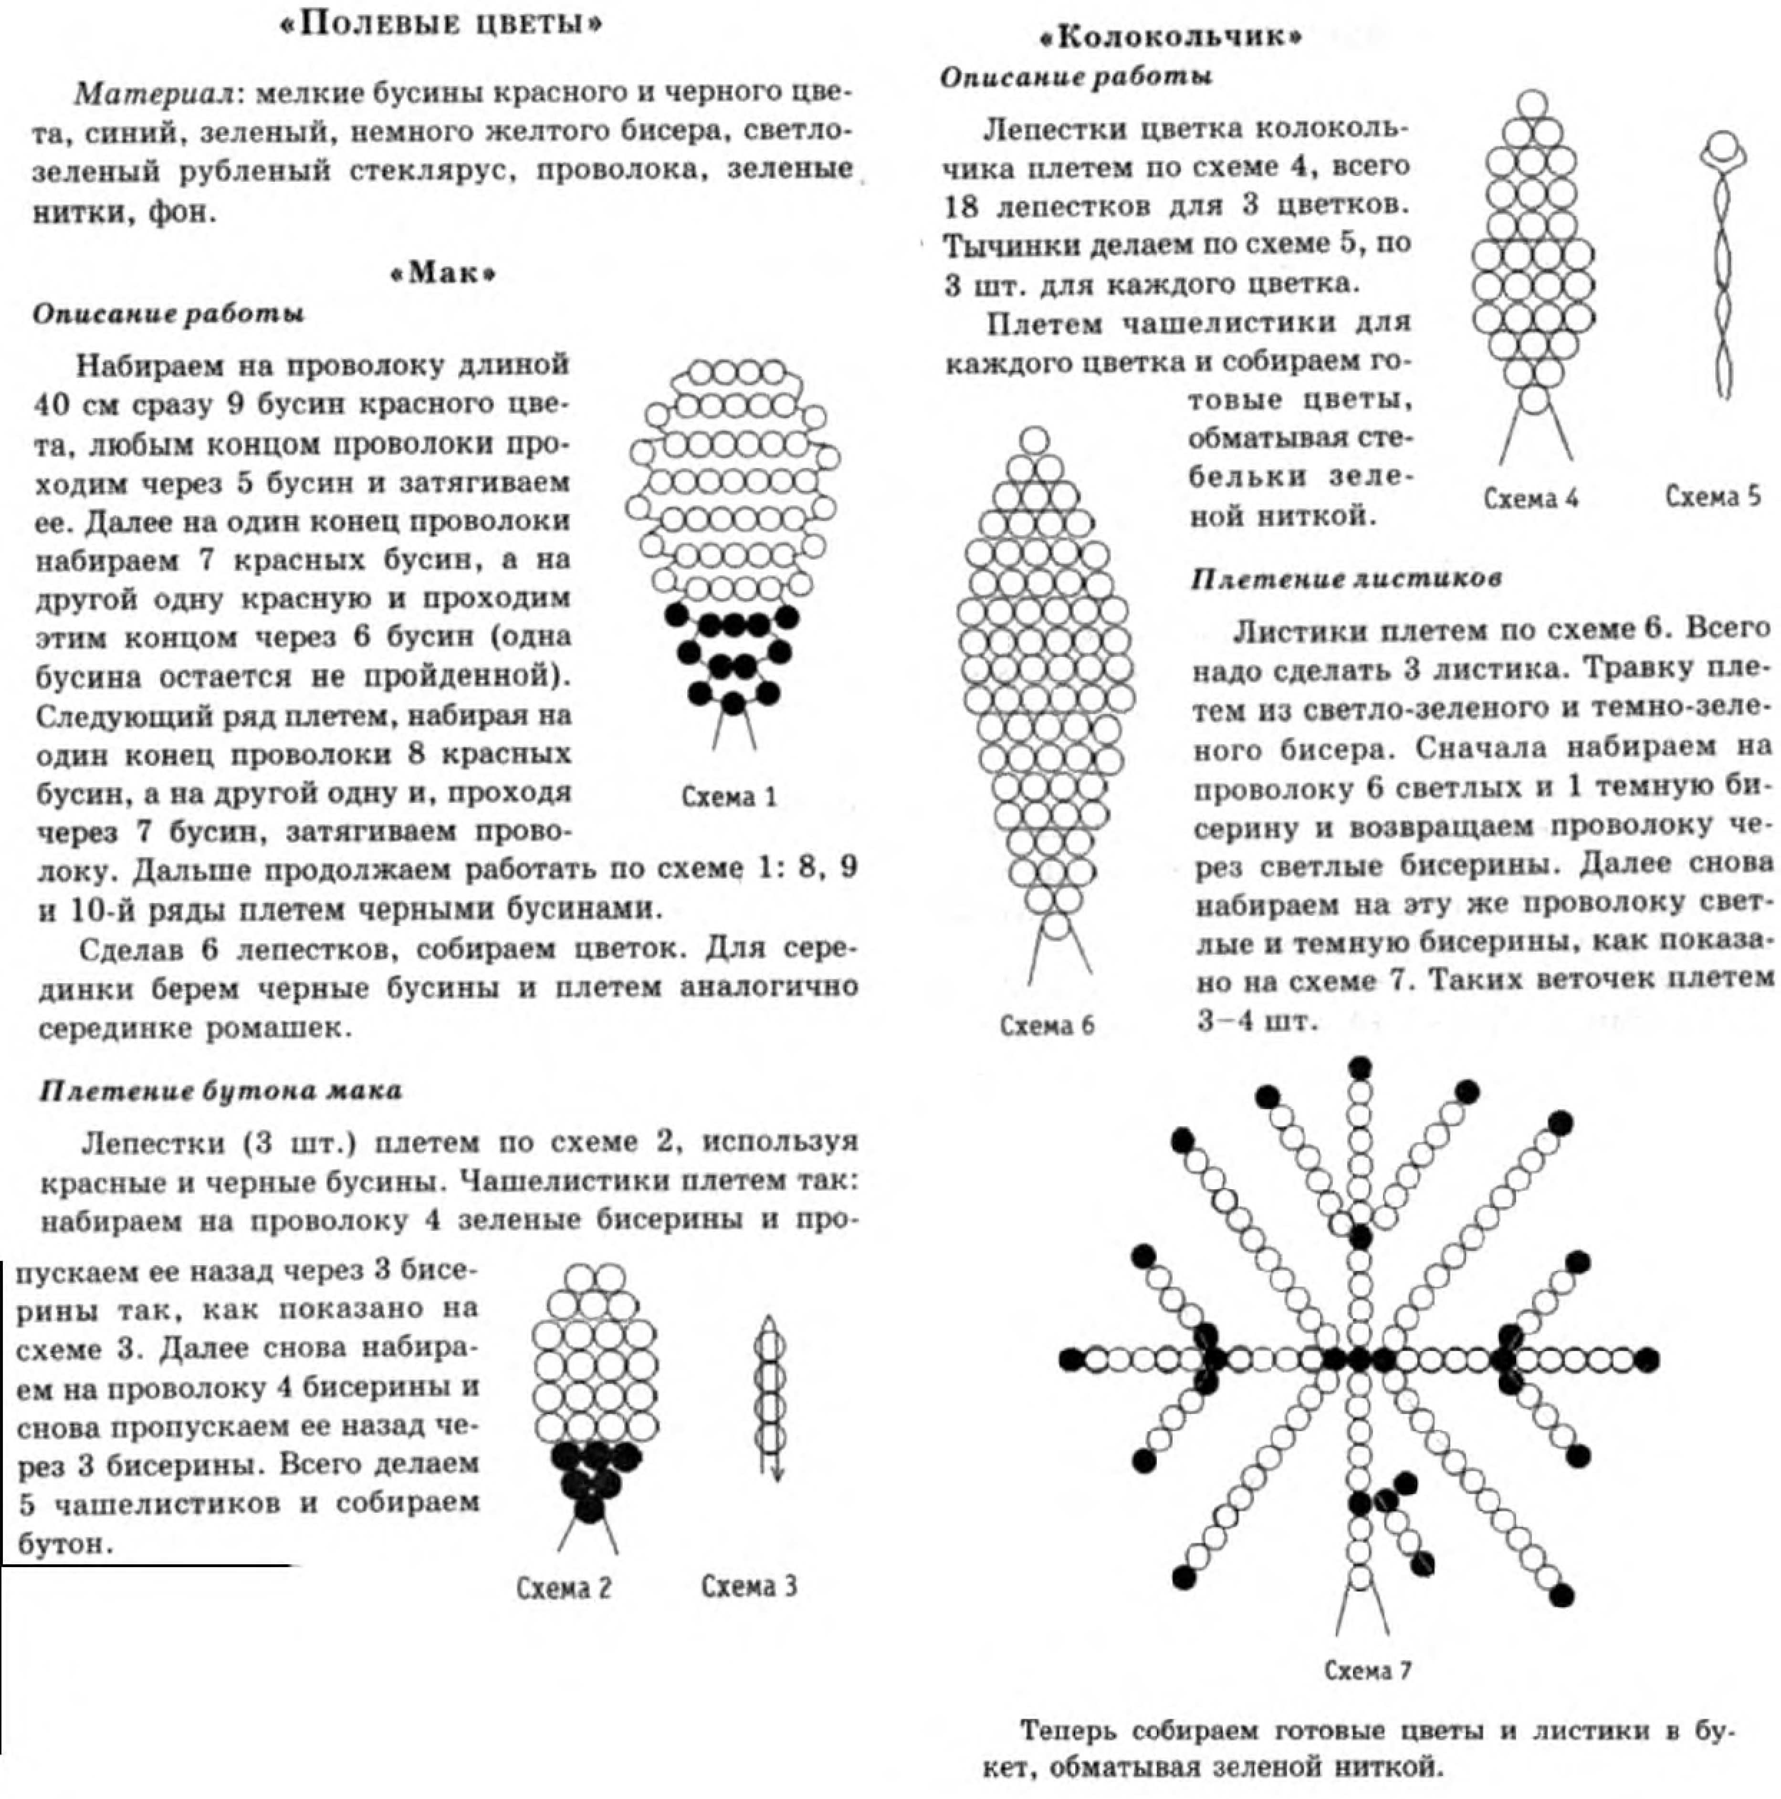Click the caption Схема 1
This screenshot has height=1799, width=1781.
(728, 797)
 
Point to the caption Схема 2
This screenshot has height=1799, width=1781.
(564, 1588)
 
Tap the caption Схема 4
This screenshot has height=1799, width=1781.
(1530, 498)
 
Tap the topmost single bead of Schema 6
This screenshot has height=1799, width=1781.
(1034, 440)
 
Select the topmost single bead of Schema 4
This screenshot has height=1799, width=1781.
(1532, 104)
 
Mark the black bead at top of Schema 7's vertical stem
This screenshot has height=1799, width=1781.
(1360, 1067)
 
